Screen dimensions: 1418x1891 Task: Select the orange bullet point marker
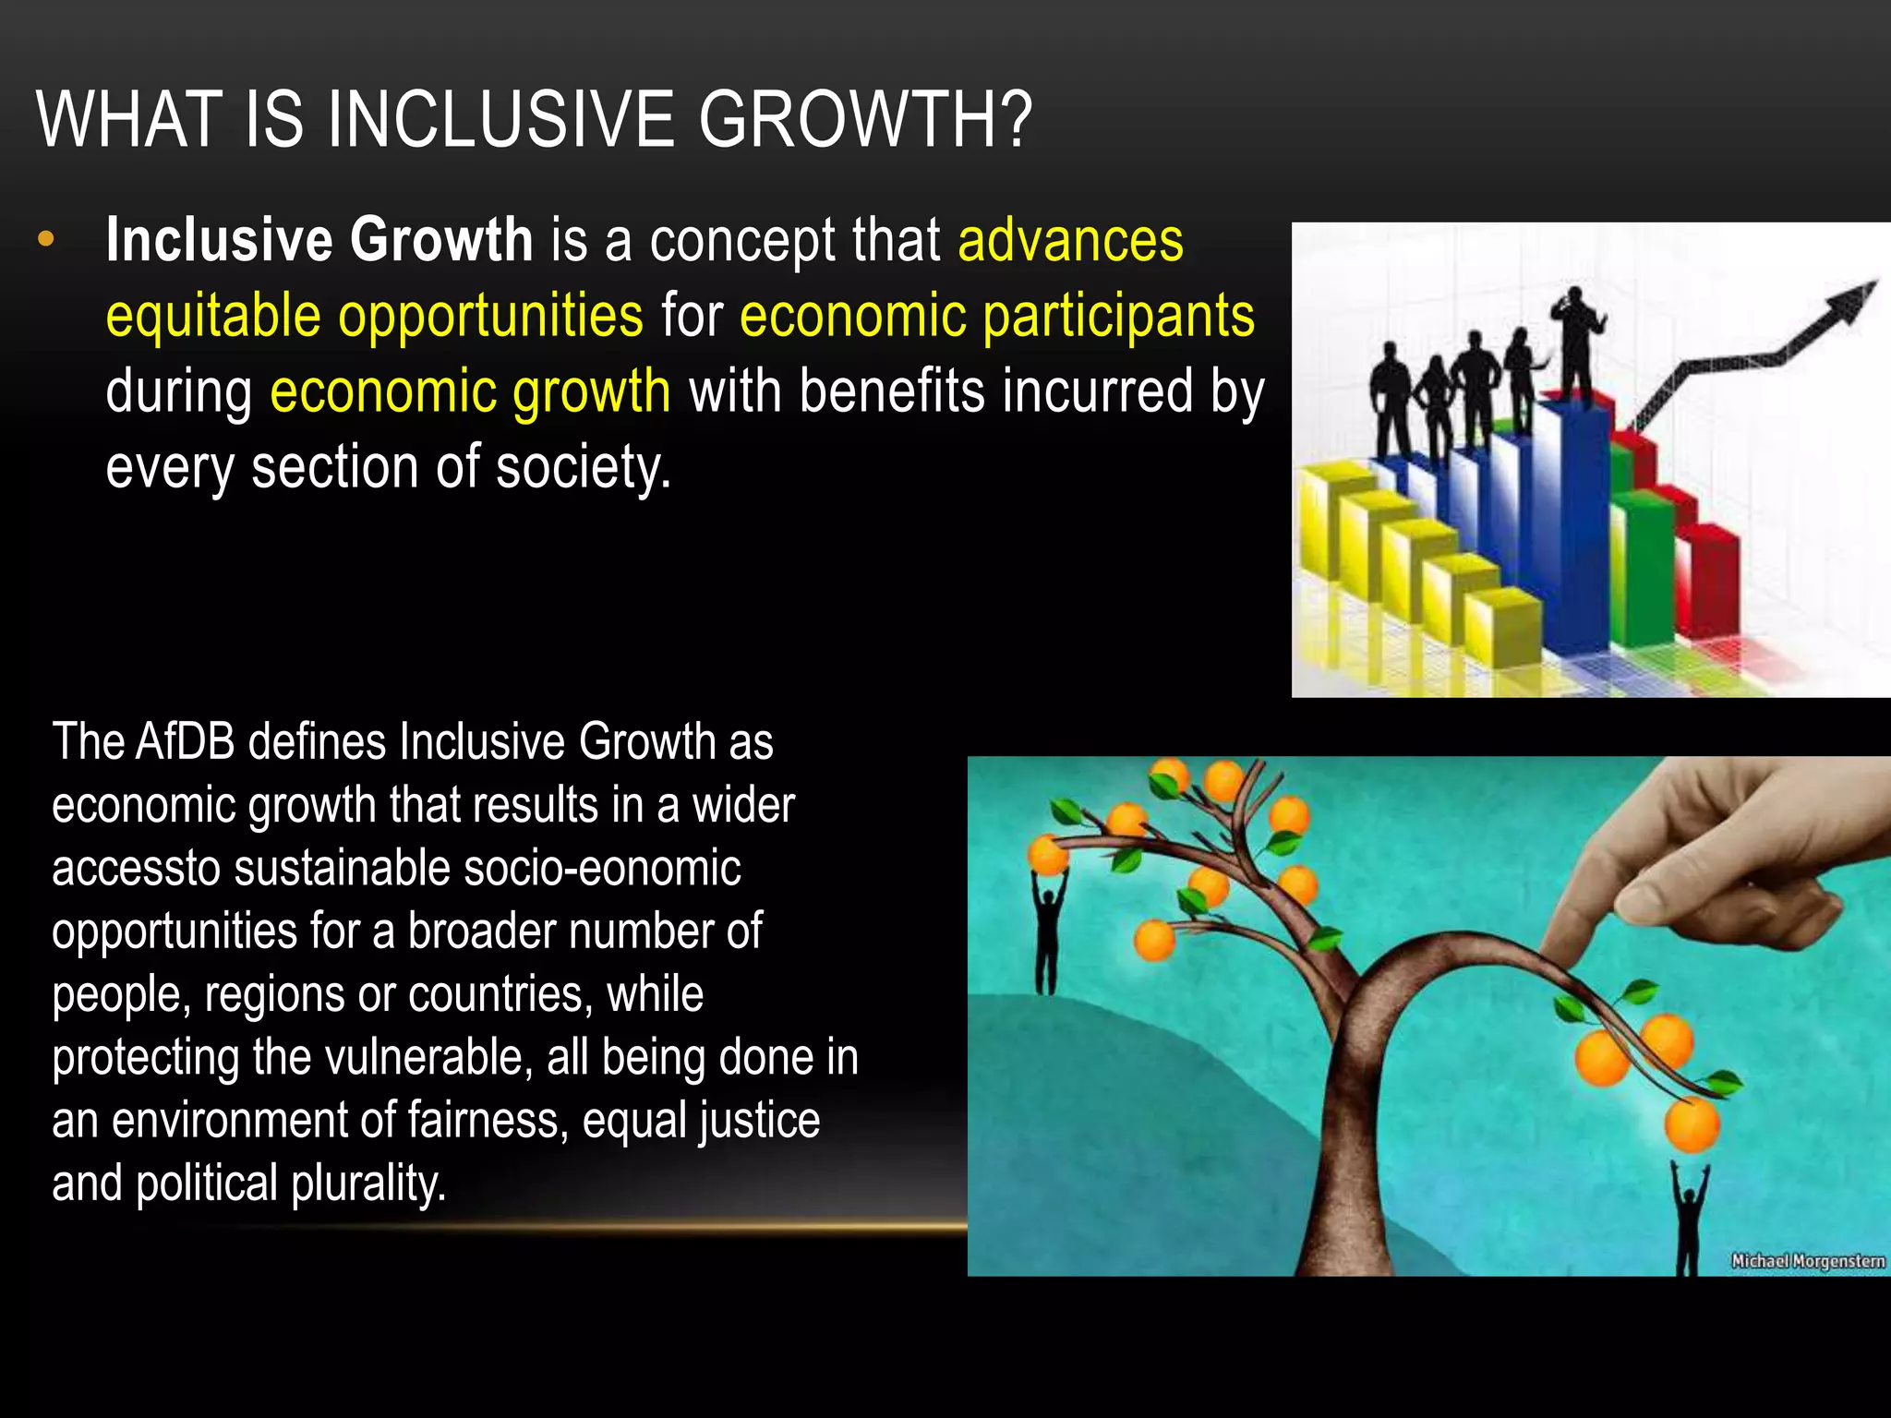coord(45,241)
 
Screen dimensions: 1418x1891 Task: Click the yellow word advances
coord(1070,241)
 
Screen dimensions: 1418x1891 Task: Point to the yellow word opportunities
coord(490,317)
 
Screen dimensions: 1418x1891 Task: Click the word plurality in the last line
coord(368,1184)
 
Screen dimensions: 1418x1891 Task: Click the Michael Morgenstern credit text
coord(1807,1261)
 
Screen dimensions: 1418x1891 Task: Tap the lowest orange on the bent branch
coord(1692,1124)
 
